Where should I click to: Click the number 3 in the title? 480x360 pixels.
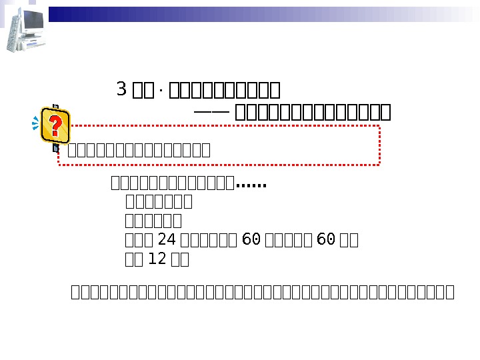(121, 89)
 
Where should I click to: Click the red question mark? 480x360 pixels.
(56, 125)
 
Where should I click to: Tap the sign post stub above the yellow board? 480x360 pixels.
(56, 106)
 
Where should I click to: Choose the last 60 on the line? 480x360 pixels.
(325, 240)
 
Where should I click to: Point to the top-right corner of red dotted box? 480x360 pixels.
(379, 125)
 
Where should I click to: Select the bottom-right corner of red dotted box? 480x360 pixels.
(379, 164)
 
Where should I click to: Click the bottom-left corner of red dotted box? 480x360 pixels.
(60, 164)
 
